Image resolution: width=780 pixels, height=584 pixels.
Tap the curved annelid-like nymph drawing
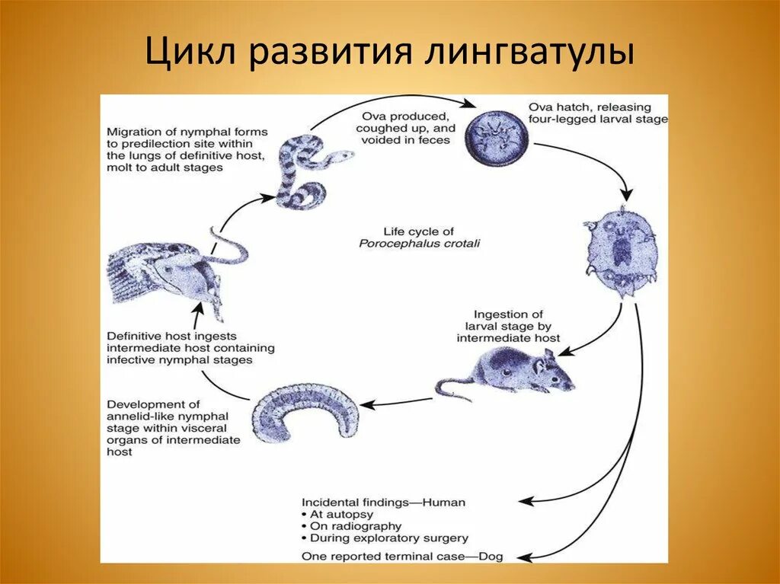(305, 416)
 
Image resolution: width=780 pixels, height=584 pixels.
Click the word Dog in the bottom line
(491, 556)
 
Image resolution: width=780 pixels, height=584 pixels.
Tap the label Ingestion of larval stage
(508, 326)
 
